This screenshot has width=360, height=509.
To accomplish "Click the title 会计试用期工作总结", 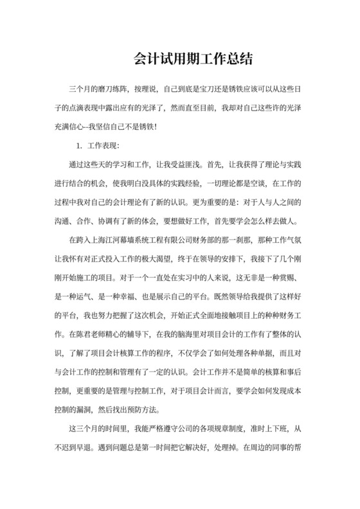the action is click(x=179, y=58).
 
